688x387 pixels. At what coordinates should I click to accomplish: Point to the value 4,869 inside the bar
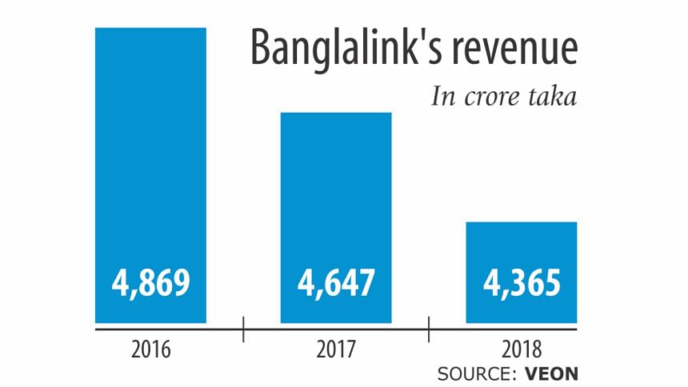(x=150, y=284)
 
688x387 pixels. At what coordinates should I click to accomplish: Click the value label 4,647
(x=336, y=284)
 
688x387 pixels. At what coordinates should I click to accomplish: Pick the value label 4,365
(x=522, y=284)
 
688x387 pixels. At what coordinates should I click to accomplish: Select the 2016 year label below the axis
(x=150, y=349)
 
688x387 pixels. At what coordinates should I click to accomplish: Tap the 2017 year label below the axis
(x=336, y=349)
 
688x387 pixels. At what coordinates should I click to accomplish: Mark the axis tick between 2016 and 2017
(x=243, y=328)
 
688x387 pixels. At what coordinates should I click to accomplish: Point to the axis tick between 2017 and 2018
(x=429, y=328)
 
